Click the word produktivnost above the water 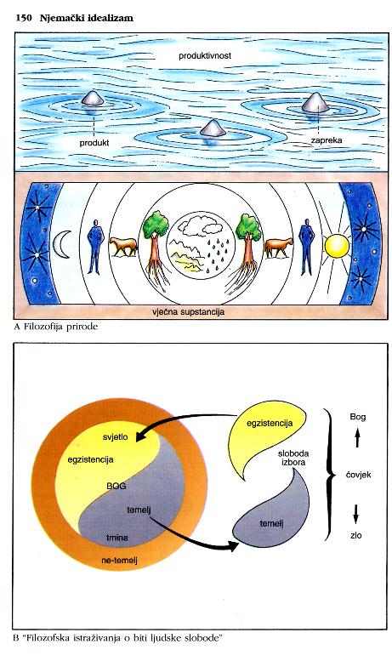205,55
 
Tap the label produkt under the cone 94,143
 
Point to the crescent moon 61,246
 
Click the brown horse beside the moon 123,247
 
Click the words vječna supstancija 188,312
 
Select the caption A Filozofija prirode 55,327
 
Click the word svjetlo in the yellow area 115,437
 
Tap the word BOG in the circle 116,486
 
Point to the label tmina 117,538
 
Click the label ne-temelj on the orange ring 120,561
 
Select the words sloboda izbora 293,458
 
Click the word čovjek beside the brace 358,475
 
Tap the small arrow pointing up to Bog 357,438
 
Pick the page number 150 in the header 23,18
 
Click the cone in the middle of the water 213,128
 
